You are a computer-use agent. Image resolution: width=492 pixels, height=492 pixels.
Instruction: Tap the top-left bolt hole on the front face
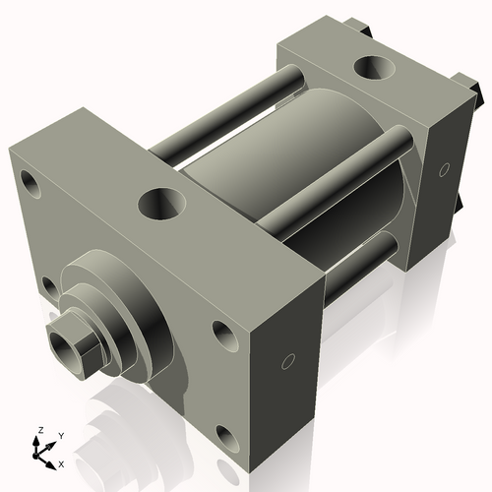tap(31, 183)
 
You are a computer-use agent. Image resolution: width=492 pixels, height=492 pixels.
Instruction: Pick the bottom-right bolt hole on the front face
tap(225, 433)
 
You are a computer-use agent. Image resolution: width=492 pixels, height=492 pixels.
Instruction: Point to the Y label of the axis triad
tap(60, 435)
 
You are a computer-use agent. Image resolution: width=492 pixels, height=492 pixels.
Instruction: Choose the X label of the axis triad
tap(61, 462)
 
